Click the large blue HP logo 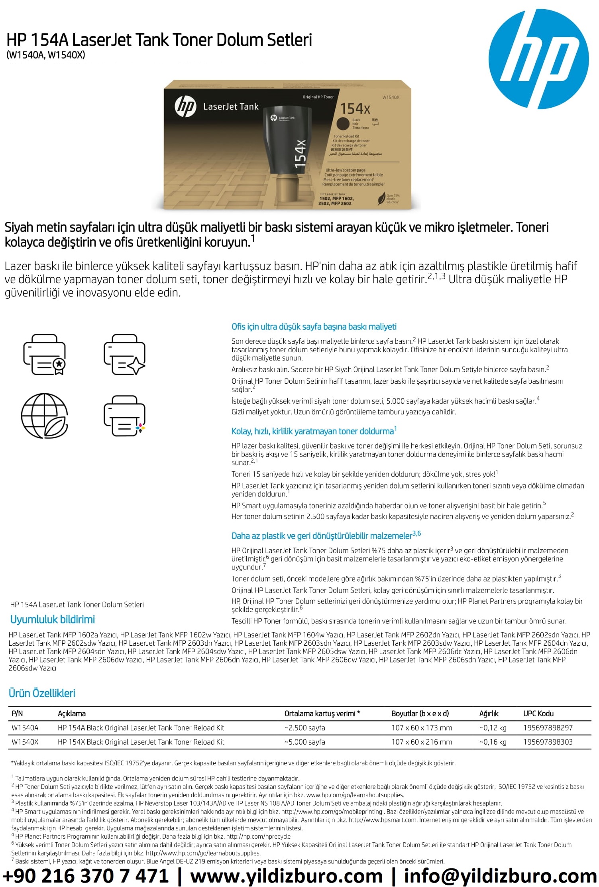[538, 59]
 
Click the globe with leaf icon [44, 416]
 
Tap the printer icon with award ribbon [44, 354]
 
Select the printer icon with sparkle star [124, 354]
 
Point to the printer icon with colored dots [124, 416]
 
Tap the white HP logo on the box [185, 106]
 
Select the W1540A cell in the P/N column [25, 727]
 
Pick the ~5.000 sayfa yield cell [305, 742]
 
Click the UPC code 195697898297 [548, 727]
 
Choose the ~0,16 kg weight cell [493, 742]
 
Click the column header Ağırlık [489, 714]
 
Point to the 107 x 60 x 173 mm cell [422, 727]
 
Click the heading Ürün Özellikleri [42, 693]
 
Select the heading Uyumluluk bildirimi [53, 619]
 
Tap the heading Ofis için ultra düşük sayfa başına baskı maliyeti [314, 327]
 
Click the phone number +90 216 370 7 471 [86, 876]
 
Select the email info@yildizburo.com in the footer [500, 876]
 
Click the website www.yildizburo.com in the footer [286, 876]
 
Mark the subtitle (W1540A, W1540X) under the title [45, 55]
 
